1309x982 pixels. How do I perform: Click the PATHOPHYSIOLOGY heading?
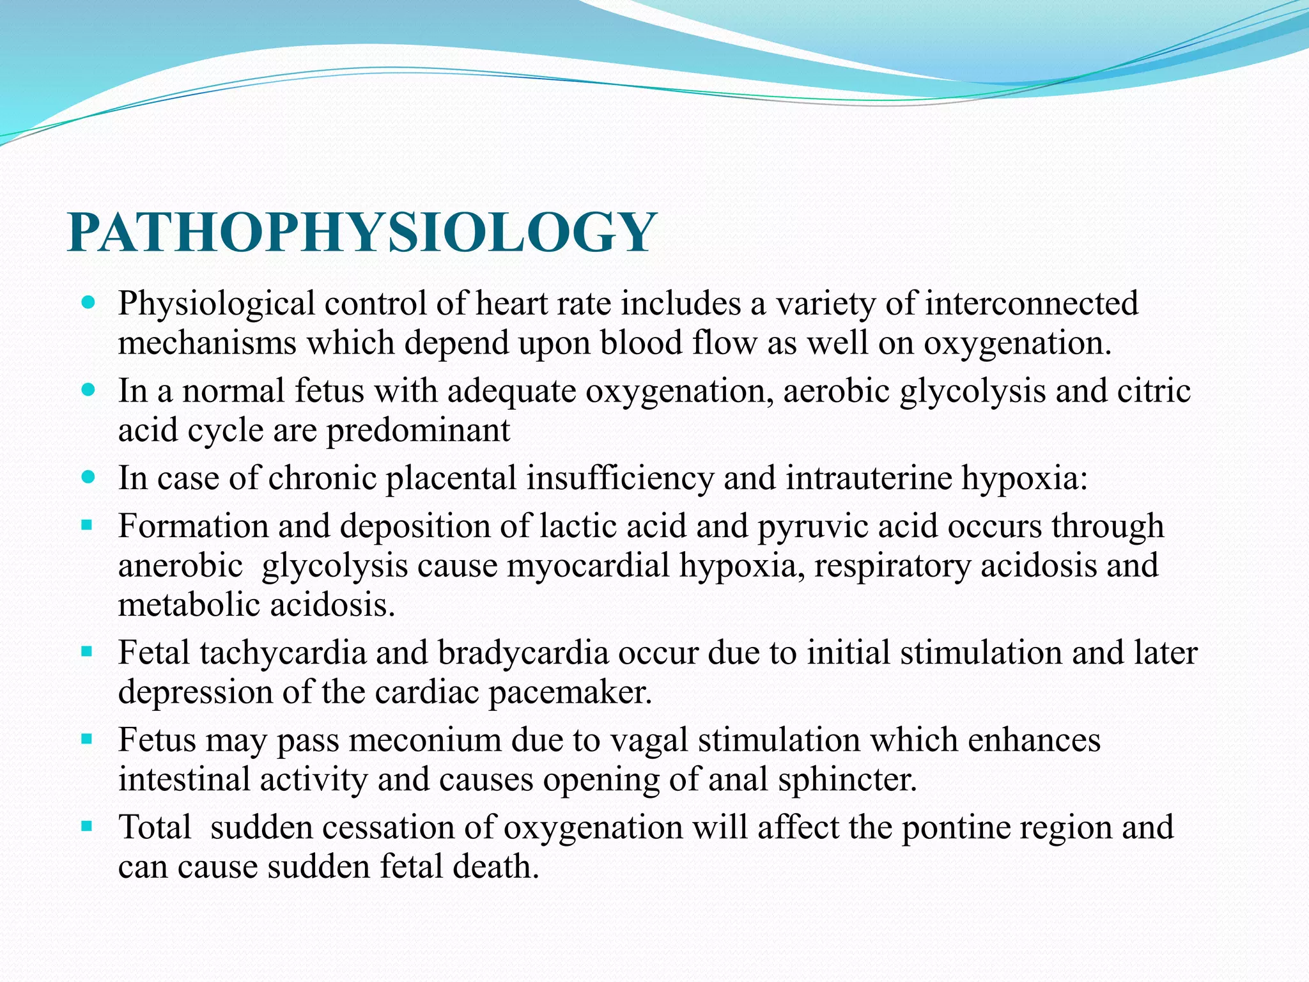click(x=362, y=232)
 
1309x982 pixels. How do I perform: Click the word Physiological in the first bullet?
click(x=216, y=304)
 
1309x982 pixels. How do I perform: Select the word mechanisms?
click(x=207, y=343)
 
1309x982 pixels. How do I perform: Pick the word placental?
click(x=451, y=478)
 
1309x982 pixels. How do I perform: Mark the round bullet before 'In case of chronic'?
click(x=89, y=477)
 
